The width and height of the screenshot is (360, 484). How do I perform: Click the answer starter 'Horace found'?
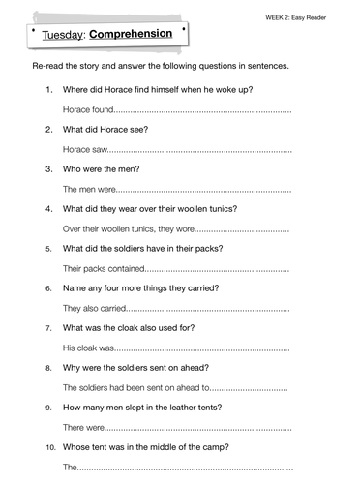89,110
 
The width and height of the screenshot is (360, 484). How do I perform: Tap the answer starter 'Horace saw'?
85,150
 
